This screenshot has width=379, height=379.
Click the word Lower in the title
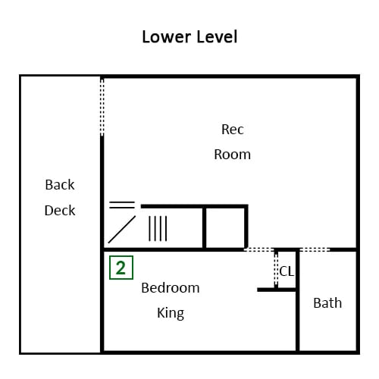click(x=167, y=37)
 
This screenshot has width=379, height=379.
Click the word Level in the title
click(x=217, y=37)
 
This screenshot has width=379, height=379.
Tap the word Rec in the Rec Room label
click(x=233, y=130)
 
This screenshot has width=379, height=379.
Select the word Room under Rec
click(x=233, y=155)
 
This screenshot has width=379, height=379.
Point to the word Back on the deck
click(x=60, y=185)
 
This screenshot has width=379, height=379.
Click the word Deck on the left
click(x=60, y=211)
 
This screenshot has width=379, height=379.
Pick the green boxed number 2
click(x=121, y=268)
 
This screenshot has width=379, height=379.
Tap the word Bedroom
click(x=171, y=288)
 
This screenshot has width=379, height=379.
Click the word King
click(x=171, y=313)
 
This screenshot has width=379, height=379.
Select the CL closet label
click(x=287, y=271)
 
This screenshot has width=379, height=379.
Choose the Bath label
click(x=327, y=303)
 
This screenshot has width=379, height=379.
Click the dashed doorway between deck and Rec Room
click(x=102, y=107)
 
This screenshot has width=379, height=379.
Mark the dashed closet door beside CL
click(x=276, y=269)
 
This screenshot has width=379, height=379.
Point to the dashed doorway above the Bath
click(x=315, y=250)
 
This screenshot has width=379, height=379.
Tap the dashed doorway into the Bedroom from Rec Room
click(x=259, y=250)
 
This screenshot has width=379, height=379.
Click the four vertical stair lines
click(x=158, y=228)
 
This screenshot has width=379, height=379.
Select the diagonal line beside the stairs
click(x=122, y=230)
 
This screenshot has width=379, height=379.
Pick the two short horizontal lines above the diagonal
click(x=122, y=205)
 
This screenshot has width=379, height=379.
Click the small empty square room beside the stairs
click(x=225, y=228)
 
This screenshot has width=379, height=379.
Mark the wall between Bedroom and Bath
click(x=298, y=301)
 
